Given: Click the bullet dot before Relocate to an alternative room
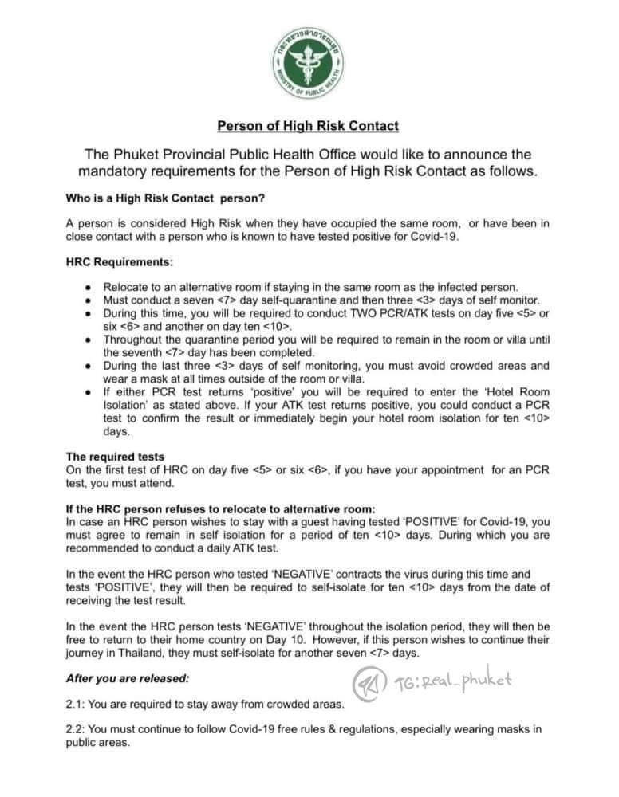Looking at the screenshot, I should pyautogui.click(x=86, y=287).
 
